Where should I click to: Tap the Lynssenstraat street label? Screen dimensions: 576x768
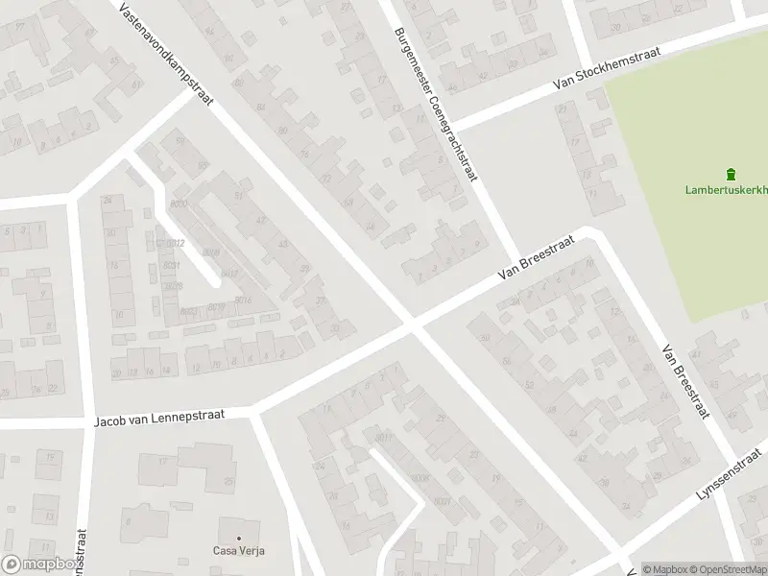pos(732,483)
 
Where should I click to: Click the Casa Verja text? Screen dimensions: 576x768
pos(238,551)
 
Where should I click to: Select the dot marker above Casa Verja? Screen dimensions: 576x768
pos(238,538)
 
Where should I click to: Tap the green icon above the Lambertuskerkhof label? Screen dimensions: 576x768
pos(731,174)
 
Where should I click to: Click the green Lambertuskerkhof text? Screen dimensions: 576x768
pos(727,190)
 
